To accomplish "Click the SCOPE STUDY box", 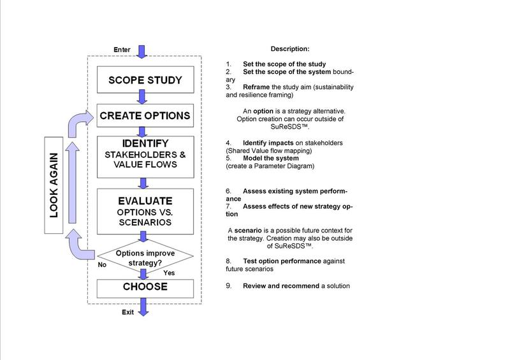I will point(145,80).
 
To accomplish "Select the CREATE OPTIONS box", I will point(145,116).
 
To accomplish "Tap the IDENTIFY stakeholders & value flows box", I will point(145,155).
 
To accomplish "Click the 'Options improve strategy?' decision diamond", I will point(145,256).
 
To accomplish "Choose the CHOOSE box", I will point(145,287).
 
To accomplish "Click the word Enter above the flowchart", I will point(122,50).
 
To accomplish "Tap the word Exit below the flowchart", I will point(129,312).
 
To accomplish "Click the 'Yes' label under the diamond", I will point(170,272).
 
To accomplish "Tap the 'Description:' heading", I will point(290,49).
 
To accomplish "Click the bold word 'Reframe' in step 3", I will point(256,87).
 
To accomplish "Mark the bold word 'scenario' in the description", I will point(248,229).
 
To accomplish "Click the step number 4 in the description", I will point(228,142).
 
